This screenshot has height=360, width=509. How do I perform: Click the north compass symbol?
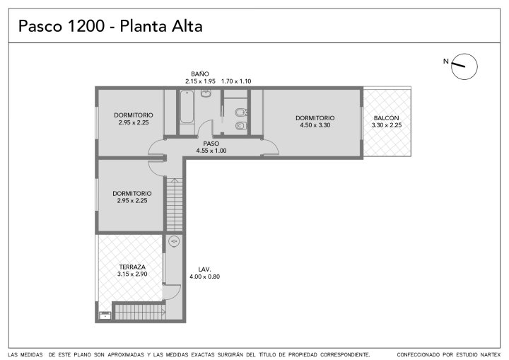tap(464, 66)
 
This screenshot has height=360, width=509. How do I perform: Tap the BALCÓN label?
tap(386, 118)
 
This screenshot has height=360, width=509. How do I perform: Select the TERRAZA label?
tap(132, 267)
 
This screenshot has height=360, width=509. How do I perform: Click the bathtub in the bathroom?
tap(187, 107)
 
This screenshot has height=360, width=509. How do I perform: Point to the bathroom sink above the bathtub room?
tap(206, 93)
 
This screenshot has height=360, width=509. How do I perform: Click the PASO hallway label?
tap(211, 144)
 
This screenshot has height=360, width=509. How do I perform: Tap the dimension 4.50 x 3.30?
tap(315, 125)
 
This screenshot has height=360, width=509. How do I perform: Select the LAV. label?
tap(204, 269)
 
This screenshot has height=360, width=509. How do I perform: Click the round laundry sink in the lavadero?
tap(175, 241)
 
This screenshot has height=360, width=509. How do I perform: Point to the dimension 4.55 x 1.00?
tap(211, 151)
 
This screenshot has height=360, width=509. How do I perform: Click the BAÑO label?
tap(200, 74)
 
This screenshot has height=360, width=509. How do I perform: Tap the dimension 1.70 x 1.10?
tap(236, 81)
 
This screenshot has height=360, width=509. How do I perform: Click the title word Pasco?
tap(40, 26)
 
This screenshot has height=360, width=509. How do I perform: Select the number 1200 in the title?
tap(86, 26)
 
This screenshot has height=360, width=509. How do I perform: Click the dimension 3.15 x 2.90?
tap(132, 274)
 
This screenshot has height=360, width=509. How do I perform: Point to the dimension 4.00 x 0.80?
tap(204, 277)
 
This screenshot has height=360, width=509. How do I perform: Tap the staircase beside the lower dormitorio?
tap(175, 204)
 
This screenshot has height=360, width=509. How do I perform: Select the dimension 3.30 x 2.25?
tap(387, 125)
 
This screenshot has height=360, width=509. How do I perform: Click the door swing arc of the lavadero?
tap(176, 293)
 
